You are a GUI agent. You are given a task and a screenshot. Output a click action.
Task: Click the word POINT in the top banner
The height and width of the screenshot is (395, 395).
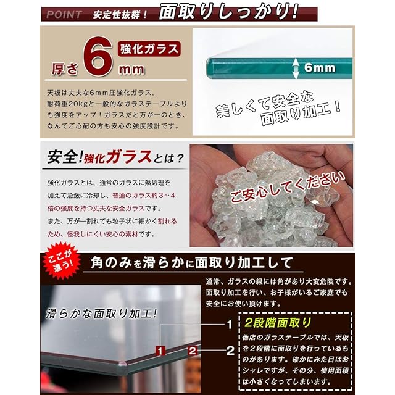tap(64, 15)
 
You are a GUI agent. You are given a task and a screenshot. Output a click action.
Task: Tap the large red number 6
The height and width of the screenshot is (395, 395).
tap(98, 56)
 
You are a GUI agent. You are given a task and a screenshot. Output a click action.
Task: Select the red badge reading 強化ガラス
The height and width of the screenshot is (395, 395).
tap(149, 49)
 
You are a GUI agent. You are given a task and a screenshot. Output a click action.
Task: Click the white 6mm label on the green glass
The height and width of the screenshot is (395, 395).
tap(320, 67)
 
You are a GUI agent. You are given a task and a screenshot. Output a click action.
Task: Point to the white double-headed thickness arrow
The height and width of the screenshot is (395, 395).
tap(296, 68)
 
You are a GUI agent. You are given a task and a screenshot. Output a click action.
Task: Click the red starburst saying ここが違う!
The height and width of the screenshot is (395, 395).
tap(62, 260)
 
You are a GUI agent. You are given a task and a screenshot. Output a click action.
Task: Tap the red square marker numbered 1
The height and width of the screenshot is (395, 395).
tap(160, 351)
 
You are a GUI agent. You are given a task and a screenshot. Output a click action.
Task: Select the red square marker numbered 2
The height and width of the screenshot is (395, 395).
tap(193, 351)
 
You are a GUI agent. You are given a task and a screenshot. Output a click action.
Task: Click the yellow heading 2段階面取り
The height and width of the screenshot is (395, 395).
tap(278, 323)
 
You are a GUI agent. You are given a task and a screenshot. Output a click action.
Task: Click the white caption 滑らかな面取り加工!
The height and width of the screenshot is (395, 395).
tap(101, 314)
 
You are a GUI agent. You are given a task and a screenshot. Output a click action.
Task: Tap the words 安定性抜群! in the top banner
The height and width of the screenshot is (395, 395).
tap(120, 15)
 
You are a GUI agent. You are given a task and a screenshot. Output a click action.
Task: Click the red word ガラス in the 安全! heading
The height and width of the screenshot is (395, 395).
tap(129, 157)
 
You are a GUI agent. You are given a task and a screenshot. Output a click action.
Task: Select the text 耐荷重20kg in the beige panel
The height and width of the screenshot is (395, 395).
tap(67, 104)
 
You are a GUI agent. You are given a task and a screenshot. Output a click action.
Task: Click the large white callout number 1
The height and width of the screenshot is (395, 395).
tap(230, 325)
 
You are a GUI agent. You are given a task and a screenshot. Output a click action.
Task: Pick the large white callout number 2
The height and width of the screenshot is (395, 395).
tap(230, 351)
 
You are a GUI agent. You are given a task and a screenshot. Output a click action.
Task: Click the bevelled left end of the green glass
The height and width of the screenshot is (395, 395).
tap(210, 68)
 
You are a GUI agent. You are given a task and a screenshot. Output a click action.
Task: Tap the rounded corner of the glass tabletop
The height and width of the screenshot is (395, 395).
tap(123, 364)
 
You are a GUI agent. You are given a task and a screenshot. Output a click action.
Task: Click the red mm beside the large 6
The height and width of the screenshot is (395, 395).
tap(131, 70)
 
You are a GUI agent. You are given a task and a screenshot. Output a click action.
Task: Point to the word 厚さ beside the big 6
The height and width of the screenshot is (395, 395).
tap(65, 69)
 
